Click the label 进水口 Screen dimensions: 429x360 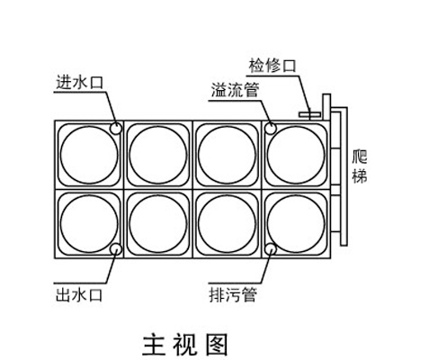click(79, 82)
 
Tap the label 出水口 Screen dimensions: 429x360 click(79, 295)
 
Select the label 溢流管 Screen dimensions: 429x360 click(235, 90)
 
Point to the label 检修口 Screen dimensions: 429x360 click(273, 66)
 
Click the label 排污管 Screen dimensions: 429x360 click(233, 294)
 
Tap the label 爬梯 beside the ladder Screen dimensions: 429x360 click(360, 166)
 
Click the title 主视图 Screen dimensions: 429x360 click(185, 345)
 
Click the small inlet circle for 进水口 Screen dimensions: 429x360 click(116, 129)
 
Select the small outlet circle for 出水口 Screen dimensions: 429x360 click(116, 249)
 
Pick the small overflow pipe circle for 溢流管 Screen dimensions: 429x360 click(271, 129)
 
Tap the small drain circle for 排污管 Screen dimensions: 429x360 click(271, 249)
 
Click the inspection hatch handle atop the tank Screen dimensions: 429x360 click(310, 114)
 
